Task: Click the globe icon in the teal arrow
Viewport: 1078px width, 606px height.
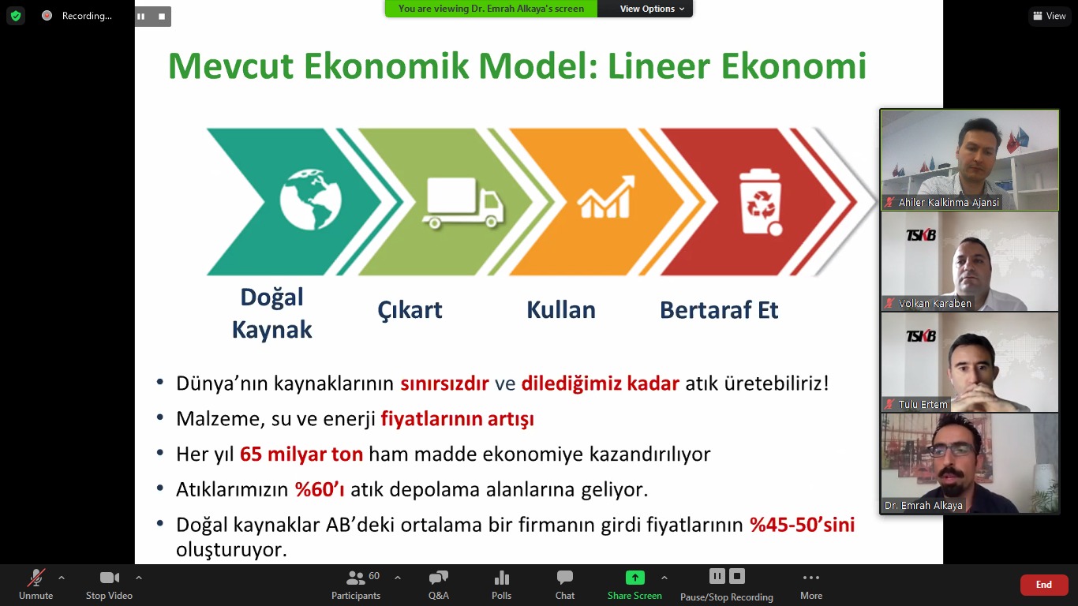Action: point(311,200)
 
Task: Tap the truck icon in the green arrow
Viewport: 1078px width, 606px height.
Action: point(462,203)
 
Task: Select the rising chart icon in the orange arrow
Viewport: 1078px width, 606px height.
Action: point(606,197)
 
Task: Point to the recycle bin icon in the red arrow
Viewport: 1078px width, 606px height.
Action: point(761,202)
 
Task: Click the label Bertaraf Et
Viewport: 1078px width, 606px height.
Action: point(718,310)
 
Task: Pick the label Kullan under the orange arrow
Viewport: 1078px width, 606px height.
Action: point(561,310)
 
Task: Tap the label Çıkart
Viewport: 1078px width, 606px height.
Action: point(410,311)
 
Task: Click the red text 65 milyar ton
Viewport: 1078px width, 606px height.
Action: point(301,454)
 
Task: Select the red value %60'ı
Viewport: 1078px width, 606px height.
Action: point(320,489)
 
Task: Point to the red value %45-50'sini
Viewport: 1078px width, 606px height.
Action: point(803,525)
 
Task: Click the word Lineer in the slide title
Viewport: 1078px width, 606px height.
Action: point(659,66)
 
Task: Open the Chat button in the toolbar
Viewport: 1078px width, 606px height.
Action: point(564,585)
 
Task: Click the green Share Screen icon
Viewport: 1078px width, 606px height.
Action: point(634,577)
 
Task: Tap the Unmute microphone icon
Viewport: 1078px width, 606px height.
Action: point(36,577)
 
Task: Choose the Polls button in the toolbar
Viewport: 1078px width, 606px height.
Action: point(501,585)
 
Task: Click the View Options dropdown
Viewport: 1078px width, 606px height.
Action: point(652,9)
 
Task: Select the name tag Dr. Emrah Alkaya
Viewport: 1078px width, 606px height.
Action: point(923,506)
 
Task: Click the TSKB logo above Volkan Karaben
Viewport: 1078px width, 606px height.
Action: point(921,235)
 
